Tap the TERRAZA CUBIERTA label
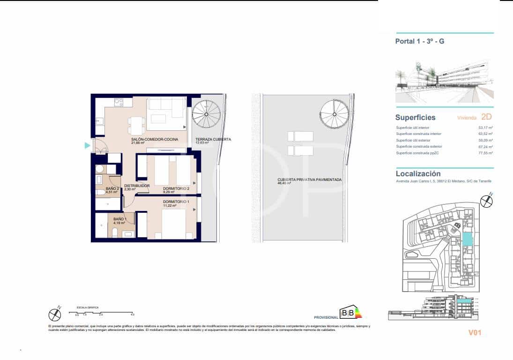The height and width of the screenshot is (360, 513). pos(213,139)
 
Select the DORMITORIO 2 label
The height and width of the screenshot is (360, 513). pos(176,188)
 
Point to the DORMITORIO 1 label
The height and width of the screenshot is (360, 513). pos(176,202)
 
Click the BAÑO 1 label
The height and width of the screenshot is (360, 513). pos(120,219)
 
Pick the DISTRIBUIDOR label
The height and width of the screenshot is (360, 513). pos(137,186)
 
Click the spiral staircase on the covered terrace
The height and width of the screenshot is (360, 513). pos(207,112)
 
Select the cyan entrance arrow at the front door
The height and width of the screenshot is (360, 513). pos(87,146)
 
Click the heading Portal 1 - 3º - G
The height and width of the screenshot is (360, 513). pos(420,41)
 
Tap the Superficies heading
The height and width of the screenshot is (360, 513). pos(415,118)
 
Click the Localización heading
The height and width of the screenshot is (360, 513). pos(418,173)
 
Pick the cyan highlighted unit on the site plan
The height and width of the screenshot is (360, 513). pos(467,240)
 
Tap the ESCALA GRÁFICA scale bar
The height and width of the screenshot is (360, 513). pos(102,312)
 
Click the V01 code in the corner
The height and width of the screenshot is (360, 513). pos(475,333)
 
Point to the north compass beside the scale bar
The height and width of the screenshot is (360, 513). pos(55,314)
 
